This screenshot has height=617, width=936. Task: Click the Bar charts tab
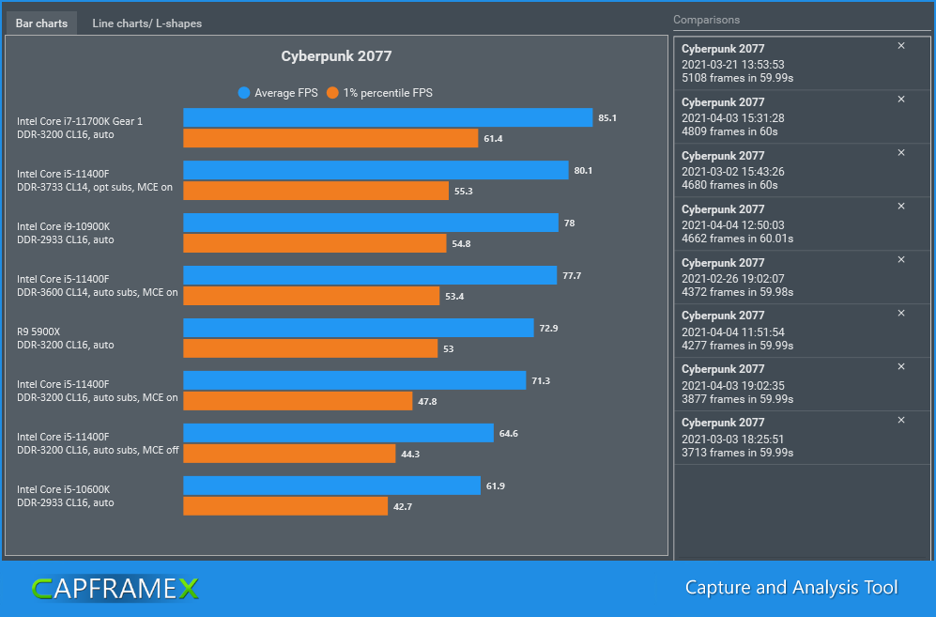(42, 23)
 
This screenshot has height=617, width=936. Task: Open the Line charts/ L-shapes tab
(146, 23)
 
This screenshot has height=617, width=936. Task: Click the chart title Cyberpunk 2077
(336, 56)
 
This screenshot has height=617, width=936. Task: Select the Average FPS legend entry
(278, 93)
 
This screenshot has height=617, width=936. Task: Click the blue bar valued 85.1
(388, 117)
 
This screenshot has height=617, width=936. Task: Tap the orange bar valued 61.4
(330, 138)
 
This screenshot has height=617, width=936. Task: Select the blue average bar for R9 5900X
(359, 328)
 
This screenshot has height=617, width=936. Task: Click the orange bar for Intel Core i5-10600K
(285, 506)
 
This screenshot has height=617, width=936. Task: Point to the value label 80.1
(583, 170)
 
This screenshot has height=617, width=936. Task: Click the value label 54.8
(461, 243)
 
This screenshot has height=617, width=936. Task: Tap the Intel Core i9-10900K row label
(64, 226)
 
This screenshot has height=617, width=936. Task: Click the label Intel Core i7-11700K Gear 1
(80, 121)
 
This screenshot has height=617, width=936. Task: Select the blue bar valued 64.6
(338, 433)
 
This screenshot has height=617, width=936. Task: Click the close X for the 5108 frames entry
(901, 46)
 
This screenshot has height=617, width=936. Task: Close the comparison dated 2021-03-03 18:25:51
(901, 420)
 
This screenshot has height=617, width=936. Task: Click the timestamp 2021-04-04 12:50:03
(732, 225)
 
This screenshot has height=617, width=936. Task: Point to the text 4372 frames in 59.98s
(737, 292)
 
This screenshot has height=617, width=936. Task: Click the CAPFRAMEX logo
(115, 589)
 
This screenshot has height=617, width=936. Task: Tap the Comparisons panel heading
(706, 20)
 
